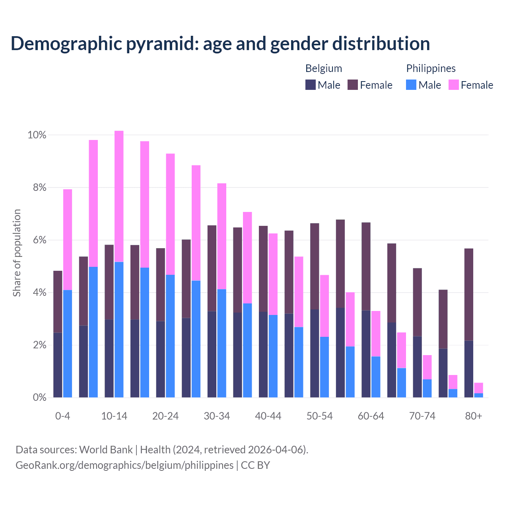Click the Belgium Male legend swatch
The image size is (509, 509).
310,85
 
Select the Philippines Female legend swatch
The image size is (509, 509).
454,85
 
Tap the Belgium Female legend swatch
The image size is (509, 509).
353,85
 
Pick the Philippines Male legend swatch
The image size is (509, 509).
411,85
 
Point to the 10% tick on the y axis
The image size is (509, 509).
37,135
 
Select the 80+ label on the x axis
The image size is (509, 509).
474,416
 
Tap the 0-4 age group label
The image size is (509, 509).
63,416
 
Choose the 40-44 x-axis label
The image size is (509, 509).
268,416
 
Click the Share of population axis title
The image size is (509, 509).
17,253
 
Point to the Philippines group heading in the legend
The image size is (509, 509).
431,68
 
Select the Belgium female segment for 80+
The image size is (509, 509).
469,294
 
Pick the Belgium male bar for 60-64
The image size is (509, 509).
366,354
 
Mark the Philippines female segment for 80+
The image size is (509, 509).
478,388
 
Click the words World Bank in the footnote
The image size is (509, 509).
106,450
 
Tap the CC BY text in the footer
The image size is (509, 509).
255,465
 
